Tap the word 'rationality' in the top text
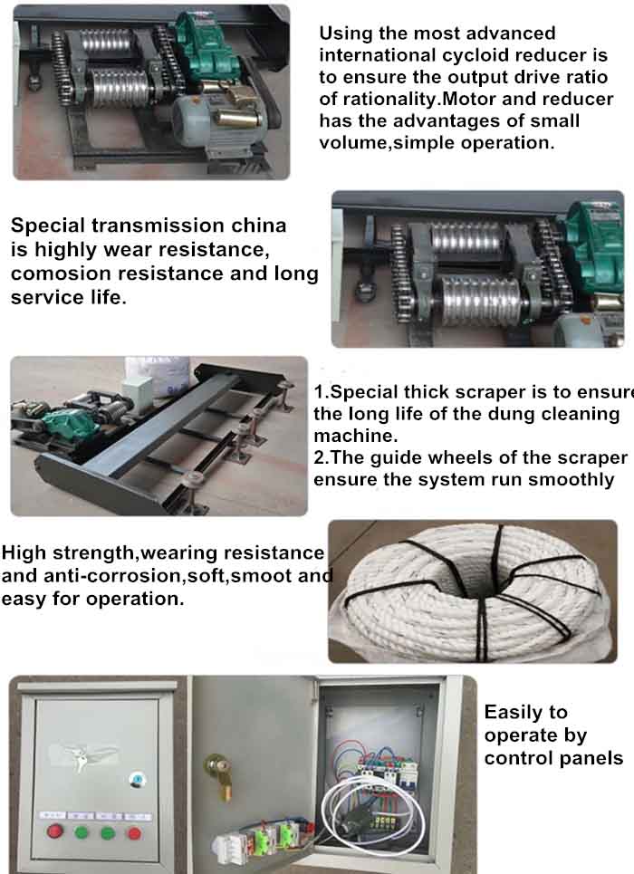tap(389, 100)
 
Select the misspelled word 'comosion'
tap(54, 274)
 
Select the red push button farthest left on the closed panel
tap(54, 832)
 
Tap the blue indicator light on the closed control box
tap(137, 780)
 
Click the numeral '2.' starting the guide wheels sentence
tap(322, 458)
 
